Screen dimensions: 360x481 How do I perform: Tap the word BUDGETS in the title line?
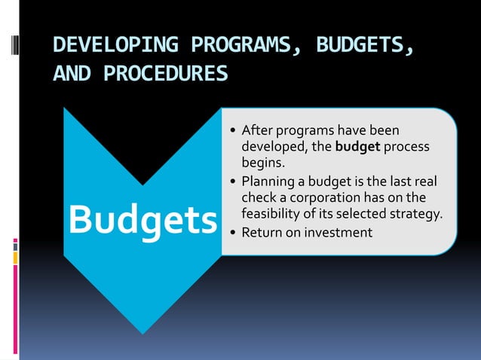(363, 46)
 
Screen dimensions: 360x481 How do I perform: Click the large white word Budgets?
(142, 219)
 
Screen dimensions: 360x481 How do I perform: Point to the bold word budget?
(357, 147)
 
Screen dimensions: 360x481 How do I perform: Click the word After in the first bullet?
(256, 131)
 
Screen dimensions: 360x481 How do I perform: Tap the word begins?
(263, 163)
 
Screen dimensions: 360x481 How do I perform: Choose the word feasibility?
(271, 214)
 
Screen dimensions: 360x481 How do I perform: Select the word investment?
(339, 232)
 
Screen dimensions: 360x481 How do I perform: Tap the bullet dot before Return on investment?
(232, 233)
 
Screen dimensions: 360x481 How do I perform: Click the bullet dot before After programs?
(232, 132)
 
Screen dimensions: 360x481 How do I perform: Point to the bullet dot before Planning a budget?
(232, 182)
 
